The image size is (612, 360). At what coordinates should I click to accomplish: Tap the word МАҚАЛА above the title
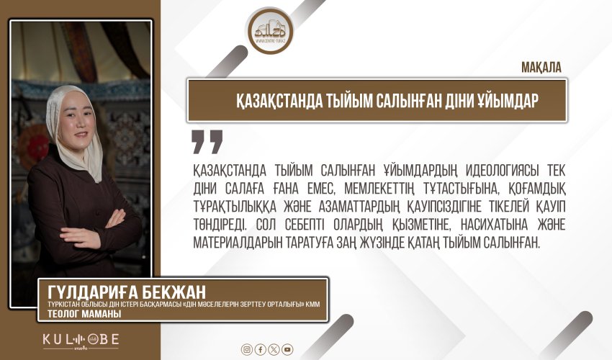(x=540, y=67)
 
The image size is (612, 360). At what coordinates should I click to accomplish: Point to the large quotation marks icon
(x=207, y=141)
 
